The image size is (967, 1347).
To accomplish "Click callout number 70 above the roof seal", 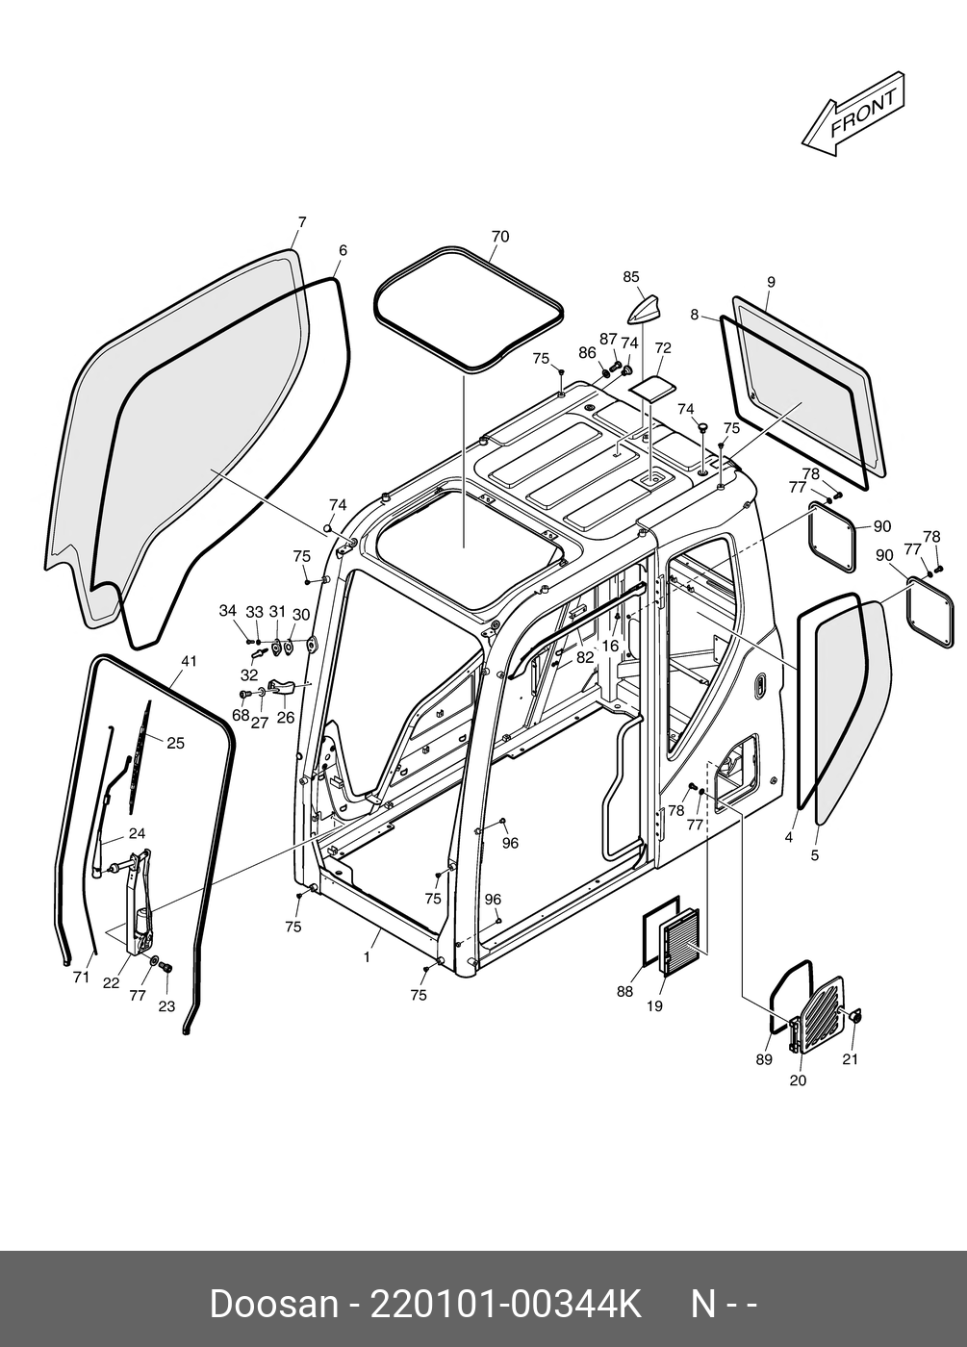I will (499, 237).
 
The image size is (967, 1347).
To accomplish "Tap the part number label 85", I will (630, 277).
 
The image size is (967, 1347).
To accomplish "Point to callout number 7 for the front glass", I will (301, 222).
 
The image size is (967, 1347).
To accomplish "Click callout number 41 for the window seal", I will (189, 661).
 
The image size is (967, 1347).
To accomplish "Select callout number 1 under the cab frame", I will (367, 957).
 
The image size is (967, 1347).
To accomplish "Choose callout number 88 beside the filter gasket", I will (624, 992).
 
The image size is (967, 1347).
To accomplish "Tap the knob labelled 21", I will (853, 1017).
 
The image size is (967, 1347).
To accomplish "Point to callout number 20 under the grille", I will (798, 1080).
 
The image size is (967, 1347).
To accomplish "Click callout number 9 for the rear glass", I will (771, 282).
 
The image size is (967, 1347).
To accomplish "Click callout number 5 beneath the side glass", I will (815, 854).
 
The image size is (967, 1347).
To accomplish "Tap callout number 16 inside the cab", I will (610, 647).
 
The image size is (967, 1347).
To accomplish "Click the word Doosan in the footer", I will (273, 1305).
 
